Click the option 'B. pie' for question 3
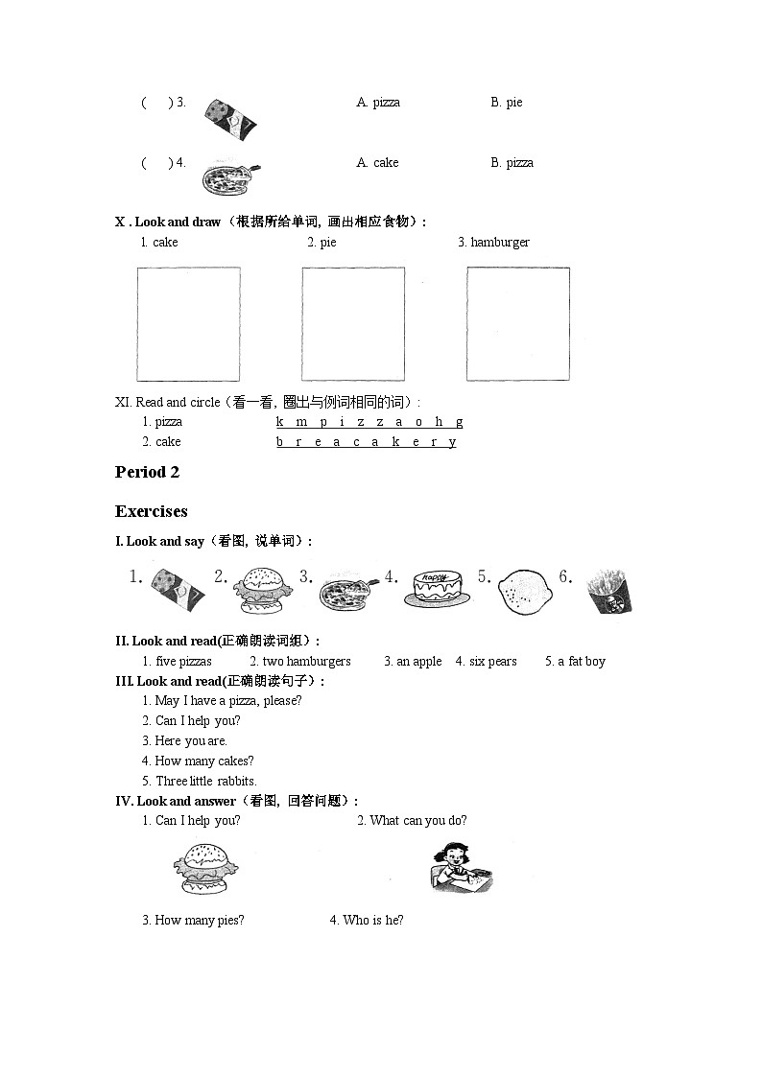pos(507,103)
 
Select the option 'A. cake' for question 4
pos(377,163)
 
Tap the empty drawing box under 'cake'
pos(188,324)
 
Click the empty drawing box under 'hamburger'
pos(518,324)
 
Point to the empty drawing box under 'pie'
pos(353,324)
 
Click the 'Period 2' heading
pos(147,472)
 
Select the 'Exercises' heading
pos(151,511)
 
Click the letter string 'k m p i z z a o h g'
pos(369,422)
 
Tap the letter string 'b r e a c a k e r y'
pos(366,442)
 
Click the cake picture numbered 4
pos(438,587)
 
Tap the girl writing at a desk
pos(459,867)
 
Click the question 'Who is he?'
pos(372,921)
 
